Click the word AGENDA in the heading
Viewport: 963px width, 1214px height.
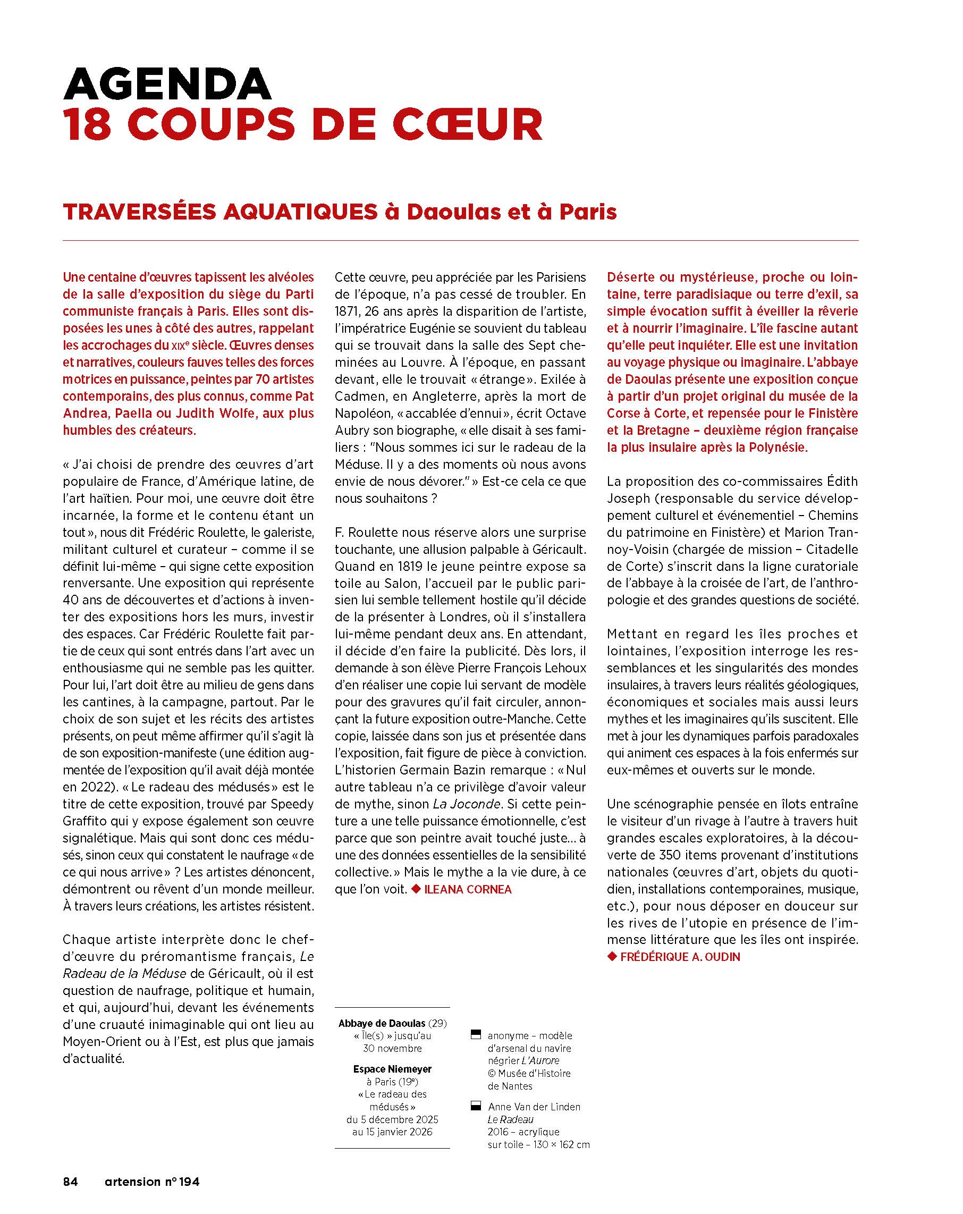[167, 85]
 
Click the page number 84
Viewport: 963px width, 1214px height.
[70, 1182]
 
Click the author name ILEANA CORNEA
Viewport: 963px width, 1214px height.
[468, 890]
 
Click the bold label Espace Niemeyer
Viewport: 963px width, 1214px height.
[392, 1069]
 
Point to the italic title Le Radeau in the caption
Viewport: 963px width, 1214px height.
[510, 1119]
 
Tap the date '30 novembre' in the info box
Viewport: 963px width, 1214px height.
[392, 1049]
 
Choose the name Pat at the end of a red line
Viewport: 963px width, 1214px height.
[303, 396]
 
